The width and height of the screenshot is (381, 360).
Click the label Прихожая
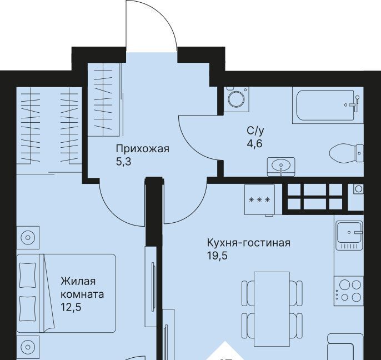click(x=142, y=148)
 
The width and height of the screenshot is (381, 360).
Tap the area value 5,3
click(x=124, y=162)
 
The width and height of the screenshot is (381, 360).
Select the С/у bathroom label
click(x=255, y=131)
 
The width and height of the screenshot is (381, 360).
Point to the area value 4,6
click(x=254, y=144)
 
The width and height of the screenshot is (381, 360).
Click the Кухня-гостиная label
click(x=249, y=243)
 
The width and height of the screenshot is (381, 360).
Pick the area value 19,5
click(x=217, y=256)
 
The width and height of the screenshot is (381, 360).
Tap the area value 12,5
click(x=71, y=307)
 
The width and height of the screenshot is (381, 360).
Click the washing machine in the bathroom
click(x=237, y=99)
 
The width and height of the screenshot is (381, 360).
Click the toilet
click(x=347, y=153)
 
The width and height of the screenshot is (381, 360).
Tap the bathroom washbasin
click(x=281, y=167)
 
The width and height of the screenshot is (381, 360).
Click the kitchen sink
click(x=349, y=235)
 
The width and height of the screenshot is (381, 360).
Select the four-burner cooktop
click(x=349, y=291)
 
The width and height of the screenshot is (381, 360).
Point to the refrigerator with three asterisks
click(x=259, y=200)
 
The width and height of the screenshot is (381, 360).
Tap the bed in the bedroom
click(x=66, y=293)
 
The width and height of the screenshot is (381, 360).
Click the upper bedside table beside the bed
click(x=28, y=238)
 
